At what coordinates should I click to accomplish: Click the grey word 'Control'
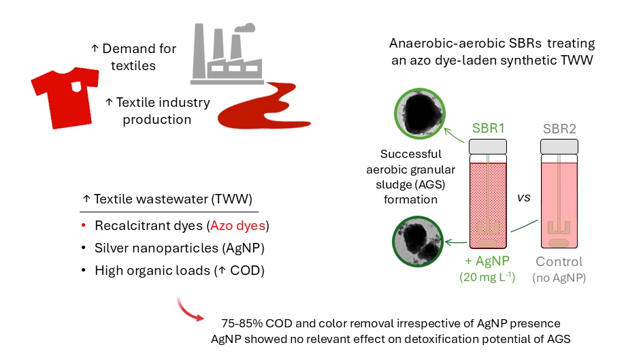[559, 262]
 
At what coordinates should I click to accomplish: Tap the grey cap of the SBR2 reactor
[559, 146]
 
